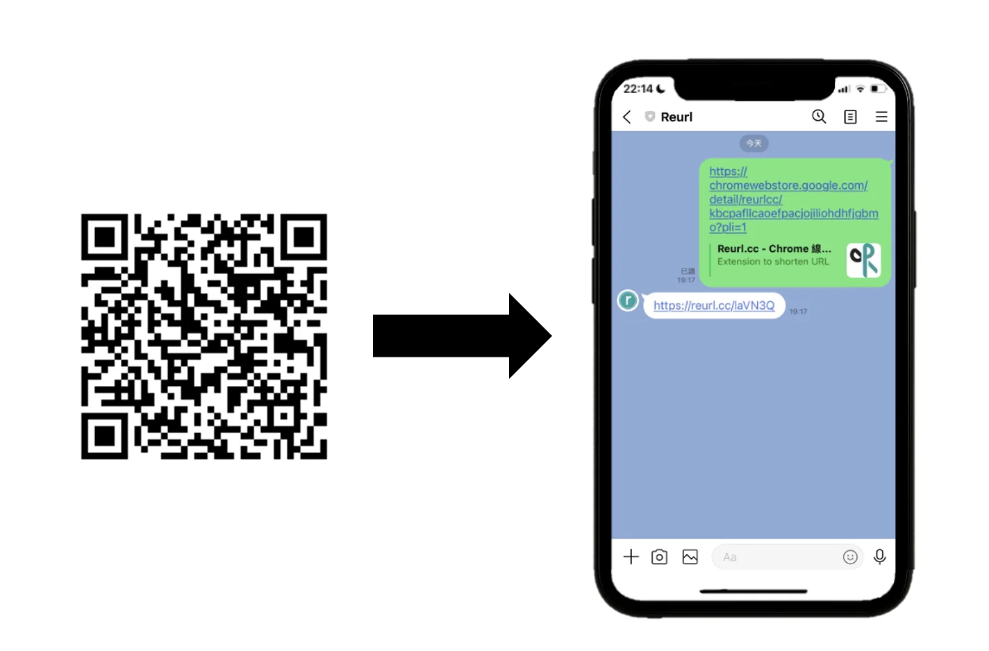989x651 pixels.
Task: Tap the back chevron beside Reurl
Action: [x=627, y=117]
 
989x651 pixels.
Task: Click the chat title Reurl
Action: [x=676, y=117]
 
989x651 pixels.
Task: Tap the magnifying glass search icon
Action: [x=819, y=117]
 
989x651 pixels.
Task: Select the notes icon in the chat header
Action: [x=850, y=117]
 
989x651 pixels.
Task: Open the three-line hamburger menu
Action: [x=881, y=117]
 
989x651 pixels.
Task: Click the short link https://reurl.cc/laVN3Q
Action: [x=714, y=305]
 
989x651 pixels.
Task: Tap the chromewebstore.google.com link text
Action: [x=788, y=185]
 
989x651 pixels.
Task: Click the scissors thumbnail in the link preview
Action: [x=863, y=260]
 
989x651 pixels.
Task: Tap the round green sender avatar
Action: [x=628, y=301]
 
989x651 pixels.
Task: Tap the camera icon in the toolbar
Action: [x=659, y=557]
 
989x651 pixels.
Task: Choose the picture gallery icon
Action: [x=690, y=557]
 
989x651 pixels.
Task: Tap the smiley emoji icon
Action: [x=850, y=557]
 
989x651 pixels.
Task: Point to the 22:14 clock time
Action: [x=638, y=89]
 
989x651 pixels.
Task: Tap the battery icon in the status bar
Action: [x=878, y=89]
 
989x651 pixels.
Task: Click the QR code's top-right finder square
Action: [x=304, y=237]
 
